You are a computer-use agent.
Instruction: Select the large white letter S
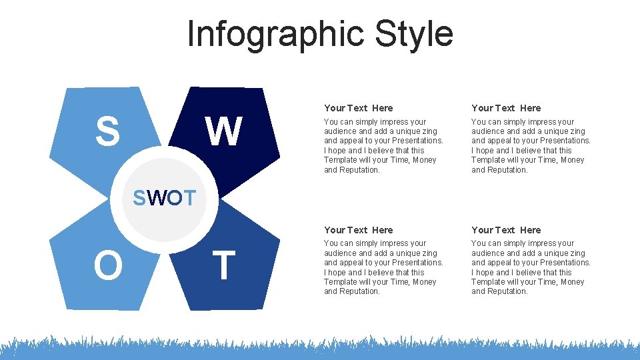pyautogui.click(x=107, y=131)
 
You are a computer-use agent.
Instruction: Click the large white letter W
pyautogui.click(x=223, y=131)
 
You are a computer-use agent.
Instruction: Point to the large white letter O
pyautogui.click(x=108, y=265)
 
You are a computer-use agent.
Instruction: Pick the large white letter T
pyautogui.click(x=223, y=265)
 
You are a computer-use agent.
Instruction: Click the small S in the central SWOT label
pyautogui.click(x=139, y=198)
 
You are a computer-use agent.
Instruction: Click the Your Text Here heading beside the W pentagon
pyautogui.click(x=358, y=108)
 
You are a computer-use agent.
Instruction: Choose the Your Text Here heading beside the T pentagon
pyautogui.click(x=358, y=230)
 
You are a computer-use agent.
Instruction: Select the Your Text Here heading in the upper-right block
pyautogui.click(x=506, y=108)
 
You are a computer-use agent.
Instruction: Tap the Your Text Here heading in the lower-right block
pyautogui.click(x=506, y=230)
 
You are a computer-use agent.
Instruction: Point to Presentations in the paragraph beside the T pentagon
pyautogui.click(x=417, y=263)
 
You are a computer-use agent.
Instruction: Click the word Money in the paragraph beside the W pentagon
pyautogui.click(x=423, y=160)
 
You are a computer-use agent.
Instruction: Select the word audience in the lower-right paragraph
pyautogui.click(x=487, y=253)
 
